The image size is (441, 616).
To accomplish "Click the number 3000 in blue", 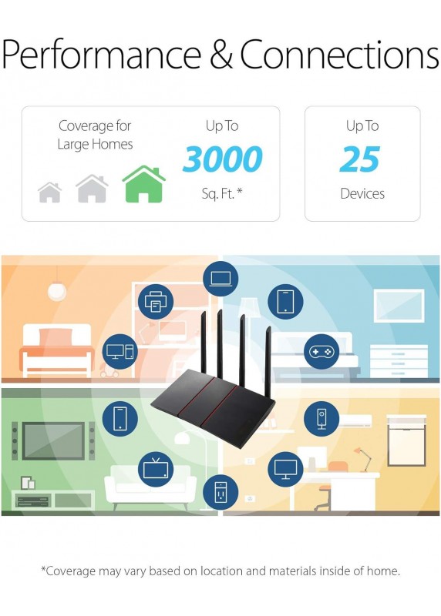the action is coord(222,159).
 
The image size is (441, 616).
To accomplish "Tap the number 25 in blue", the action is coord(360,159).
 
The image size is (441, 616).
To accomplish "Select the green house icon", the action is coord(144,184).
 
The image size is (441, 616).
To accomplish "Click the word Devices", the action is coord(362,194).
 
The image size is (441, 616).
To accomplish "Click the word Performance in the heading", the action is coord(102,54).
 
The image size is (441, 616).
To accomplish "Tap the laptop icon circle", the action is coord(220,279).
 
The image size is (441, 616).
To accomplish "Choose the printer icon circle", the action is coord(156,302).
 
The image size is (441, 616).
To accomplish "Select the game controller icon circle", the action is coord(321,352).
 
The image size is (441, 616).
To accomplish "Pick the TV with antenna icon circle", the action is coord(156,469).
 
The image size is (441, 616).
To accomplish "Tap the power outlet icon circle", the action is coord(220,492).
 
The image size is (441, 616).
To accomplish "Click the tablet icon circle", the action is coord(285,302).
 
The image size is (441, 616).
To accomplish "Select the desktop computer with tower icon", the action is coord(120,352).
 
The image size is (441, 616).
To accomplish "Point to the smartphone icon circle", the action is coord(120,418).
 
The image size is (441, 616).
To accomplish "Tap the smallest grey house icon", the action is coord(50,192).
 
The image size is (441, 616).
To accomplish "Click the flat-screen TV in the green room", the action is coord(53,440).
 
